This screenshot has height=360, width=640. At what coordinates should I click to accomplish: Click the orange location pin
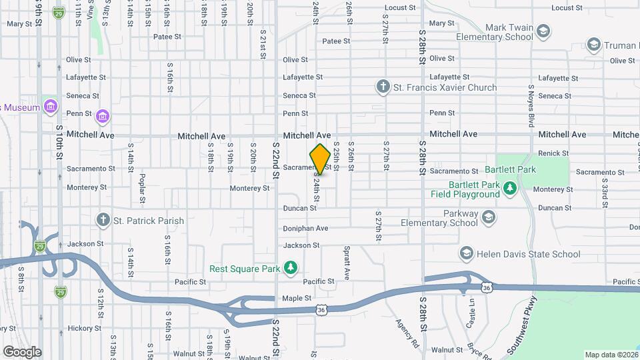pyautogui.click(x=320, y=159)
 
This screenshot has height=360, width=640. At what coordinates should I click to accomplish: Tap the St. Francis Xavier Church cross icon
pyautogui.click(x=383, y=87)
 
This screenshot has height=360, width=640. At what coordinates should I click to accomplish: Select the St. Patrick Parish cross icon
pyautogui.click(x=103, y=220)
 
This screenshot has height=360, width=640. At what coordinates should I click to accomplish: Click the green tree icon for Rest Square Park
pyautogui.click(x=290, y=269)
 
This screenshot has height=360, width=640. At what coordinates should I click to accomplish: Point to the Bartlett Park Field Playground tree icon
pyautogui.click(x=510, y=188)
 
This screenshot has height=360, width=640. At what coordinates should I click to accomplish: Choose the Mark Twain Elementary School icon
pyautogui.click(x=543, y=31)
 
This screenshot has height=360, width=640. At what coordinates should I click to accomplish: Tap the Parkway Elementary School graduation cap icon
pyautogui.click(x=489, y=217)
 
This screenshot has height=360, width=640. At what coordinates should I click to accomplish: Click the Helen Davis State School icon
pyautogui.click(x=466, y=254)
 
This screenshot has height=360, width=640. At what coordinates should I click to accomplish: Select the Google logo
pyautogui.click(x=22, y=351)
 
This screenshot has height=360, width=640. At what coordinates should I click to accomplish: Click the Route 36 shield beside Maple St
pyautogui.click(x=322, y=310)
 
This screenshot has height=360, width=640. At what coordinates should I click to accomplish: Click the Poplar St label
pyautogui.click(x=143, y=189)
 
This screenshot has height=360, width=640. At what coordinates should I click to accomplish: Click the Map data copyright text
pyautogui.click(x=609, y=354)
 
